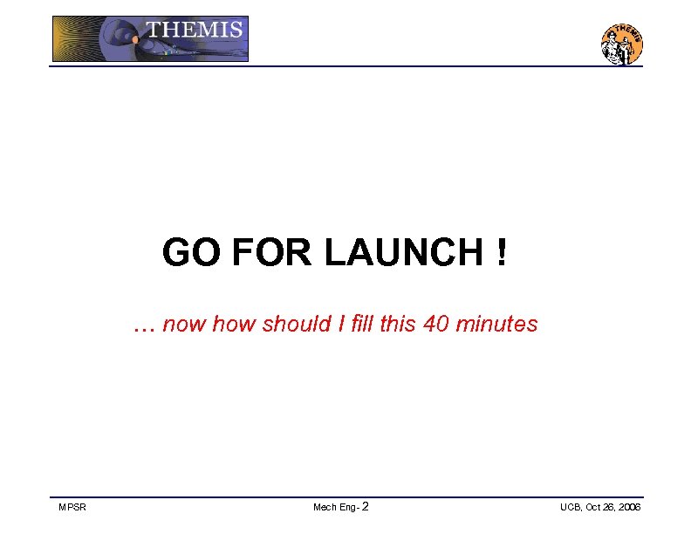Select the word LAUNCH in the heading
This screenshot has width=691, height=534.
click(x=402, y=254)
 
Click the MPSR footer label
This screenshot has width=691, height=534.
click(x=72, y=508)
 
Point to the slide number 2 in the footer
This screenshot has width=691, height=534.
click(x=365, y=507)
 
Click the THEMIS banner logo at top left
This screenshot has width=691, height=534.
click(x=150, y=39)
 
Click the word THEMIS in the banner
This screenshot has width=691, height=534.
click(x=194, y=29)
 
